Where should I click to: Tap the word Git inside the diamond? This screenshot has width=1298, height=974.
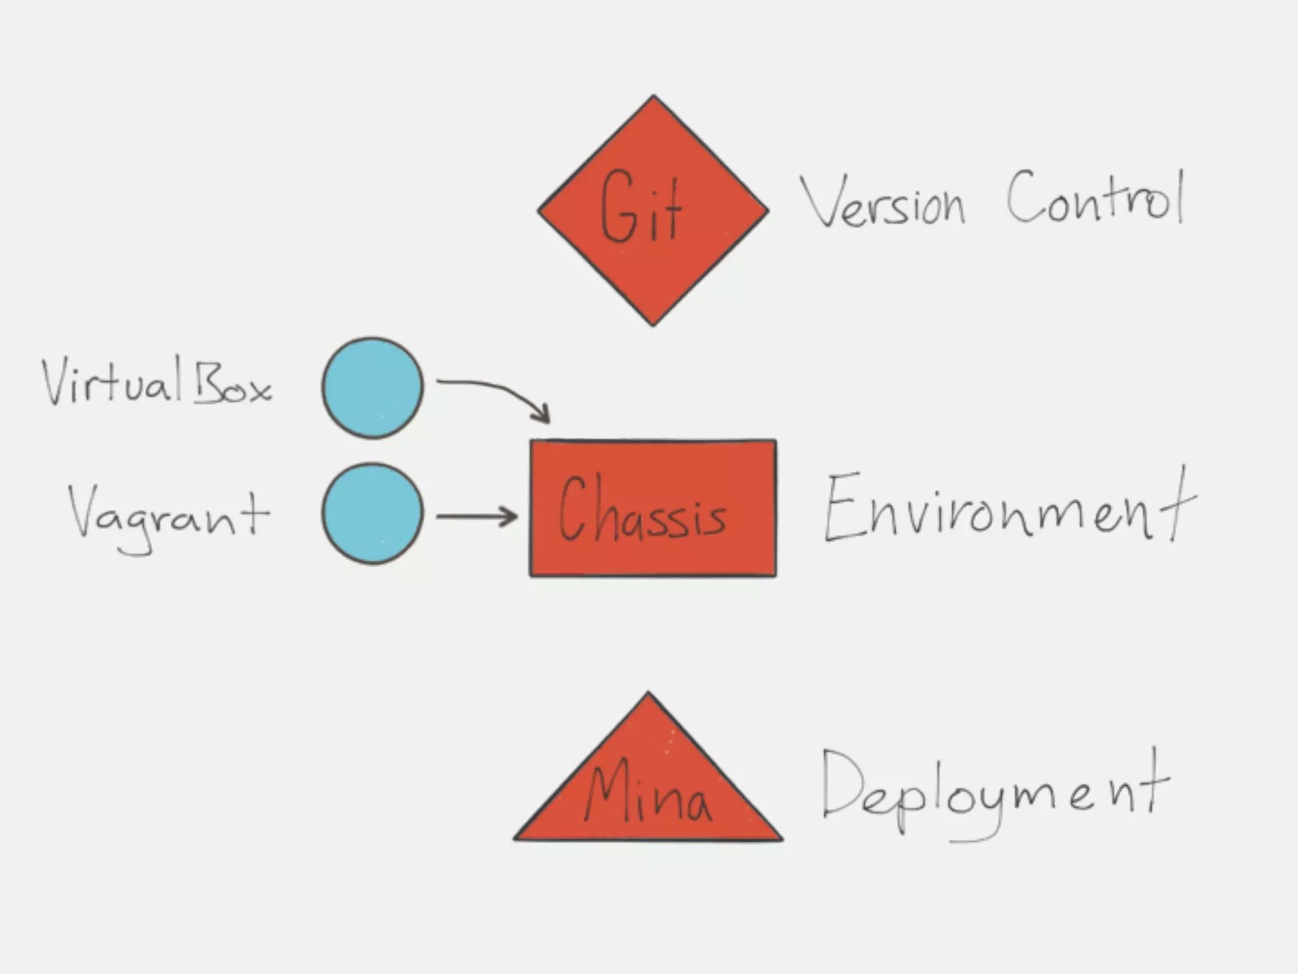[x=640, y=207]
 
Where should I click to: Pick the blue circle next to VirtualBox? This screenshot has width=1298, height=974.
[x=373, y=387]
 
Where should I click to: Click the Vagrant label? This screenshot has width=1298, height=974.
[x=168, y=517]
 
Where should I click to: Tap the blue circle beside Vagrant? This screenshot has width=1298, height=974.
[x=373, y=514]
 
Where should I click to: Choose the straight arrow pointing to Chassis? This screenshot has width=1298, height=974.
[x=475, y=517]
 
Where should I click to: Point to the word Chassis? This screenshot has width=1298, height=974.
[x=641, y=511]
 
